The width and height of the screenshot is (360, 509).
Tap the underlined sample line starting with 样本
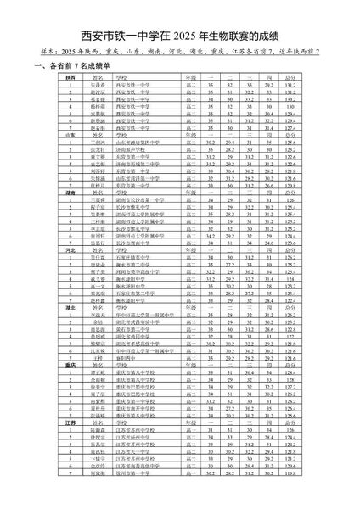point(180,52)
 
